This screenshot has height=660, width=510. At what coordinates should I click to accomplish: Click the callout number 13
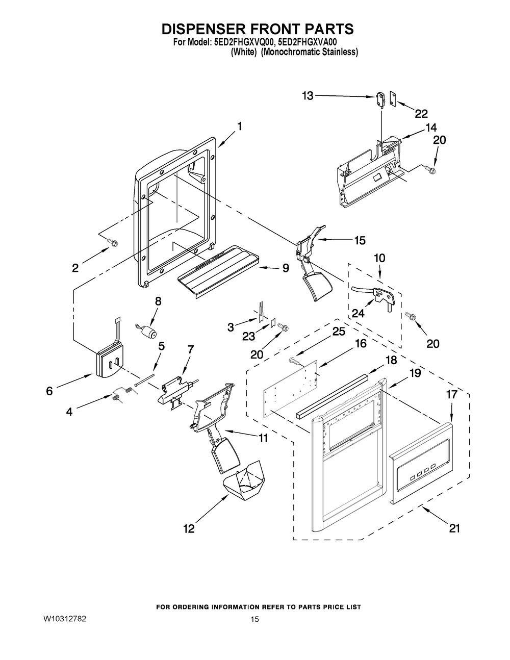[308, 95]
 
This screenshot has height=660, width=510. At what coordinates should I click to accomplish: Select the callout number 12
[189, 529]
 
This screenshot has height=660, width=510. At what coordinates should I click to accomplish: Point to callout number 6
[49, 391]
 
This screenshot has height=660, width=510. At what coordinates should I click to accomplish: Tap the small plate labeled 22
[393, 99]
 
